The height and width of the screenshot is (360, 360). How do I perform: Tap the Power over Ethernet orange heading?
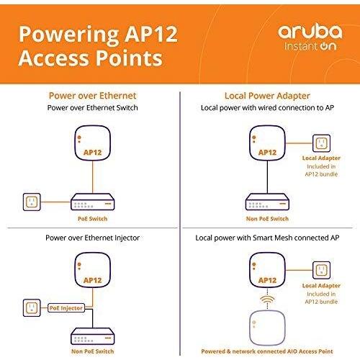(x=93, y=96)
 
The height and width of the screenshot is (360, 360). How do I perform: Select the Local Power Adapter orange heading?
(x=267, y=96)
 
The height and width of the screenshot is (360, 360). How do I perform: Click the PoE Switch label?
(x=93, y=219)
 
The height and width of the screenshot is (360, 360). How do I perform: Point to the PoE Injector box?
(x=66, y=308)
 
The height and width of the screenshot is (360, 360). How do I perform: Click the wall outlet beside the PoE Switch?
(x=32, y=202)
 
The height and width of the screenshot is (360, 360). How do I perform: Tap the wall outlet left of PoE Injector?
(x=32, y=307)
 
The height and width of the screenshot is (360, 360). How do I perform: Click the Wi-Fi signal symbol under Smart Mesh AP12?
(x=267, y=300)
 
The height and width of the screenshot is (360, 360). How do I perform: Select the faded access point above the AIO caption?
(x=267, y=328)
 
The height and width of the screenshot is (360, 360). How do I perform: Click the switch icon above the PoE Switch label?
(x=93, y=202)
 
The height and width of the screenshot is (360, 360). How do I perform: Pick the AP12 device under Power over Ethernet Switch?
(x=93, y=143)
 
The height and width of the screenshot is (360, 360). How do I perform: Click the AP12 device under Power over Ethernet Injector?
(x=93, y=270)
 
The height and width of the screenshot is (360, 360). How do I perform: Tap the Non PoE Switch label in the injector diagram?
(x=93, y=351)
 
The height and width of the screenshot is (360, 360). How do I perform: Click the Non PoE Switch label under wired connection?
(x=267, y=219)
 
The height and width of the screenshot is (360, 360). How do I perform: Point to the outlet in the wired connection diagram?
(x=321, y=143)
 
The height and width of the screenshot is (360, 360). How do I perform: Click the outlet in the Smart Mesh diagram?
(x=321, y=270)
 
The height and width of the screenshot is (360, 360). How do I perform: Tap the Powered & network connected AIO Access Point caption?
(x=267, y=351)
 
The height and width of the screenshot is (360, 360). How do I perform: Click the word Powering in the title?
(x=69, y=35)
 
